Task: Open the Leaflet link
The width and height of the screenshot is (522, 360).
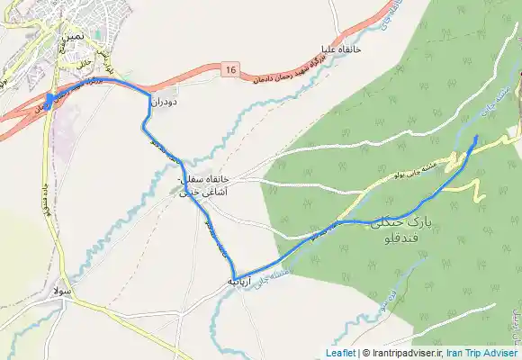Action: tap(339, 353)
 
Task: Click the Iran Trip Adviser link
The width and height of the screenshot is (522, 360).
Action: tap(483, 353)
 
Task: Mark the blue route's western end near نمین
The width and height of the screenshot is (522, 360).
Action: tap(49, 98)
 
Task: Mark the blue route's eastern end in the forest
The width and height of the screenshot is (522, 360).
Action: tap(476, 137)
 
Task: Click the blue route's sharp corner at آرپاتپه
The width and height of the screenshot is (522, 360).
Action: tap(236, 276)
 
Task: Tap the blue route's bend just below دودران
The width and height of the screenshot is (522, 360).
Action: tap(144, 126)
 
